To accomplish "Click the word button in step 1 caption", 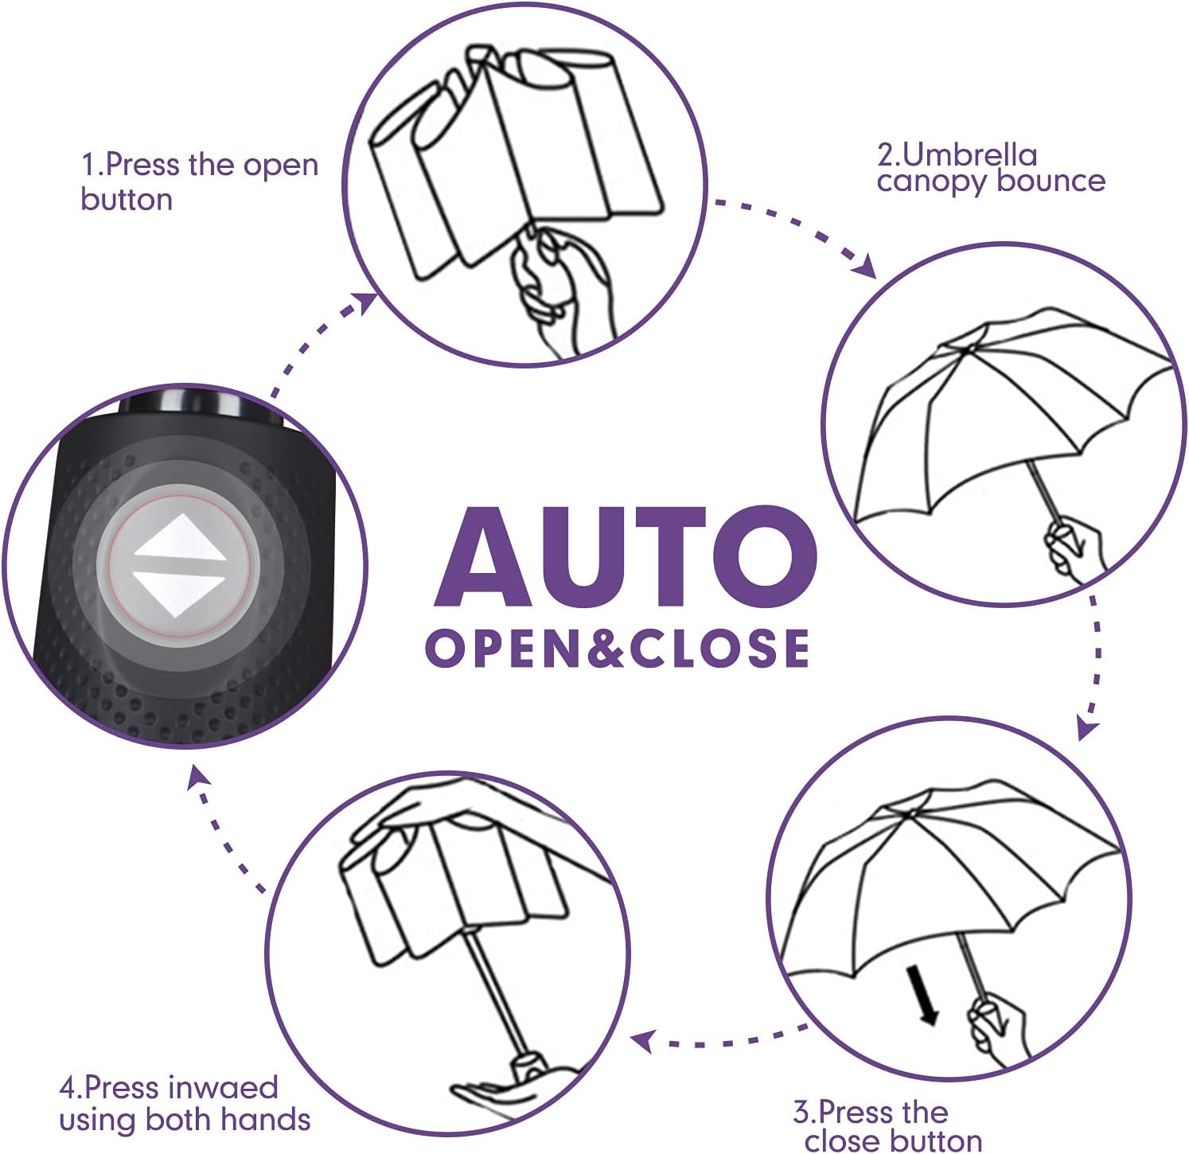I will click(127, 199).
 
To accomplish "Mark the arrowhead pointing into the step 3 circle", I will click(1087, 728).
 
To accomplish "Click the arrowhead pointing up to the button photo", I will click(197, 776).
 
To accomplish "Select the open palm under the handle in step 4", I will click(493, 1094).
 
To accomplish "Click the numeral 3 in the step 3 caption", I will click(801, 1112).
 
